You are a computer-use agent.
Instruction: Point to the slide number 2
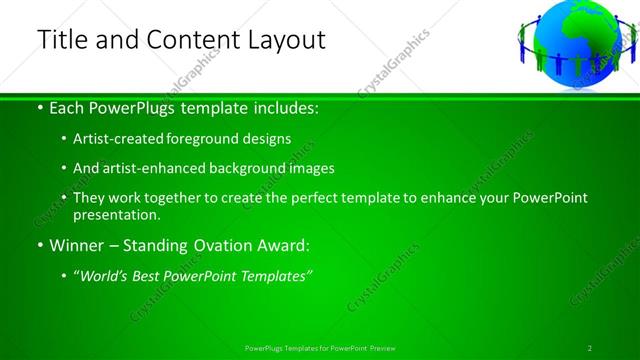coord(590,347)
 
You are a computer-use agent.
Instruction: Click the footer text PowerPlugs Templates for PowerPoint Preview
coord(320,347)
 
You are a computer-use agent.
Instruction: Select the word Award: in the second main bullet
coord(284,245)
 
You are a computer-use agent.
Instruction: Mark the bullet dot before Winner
coord(39,246)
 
